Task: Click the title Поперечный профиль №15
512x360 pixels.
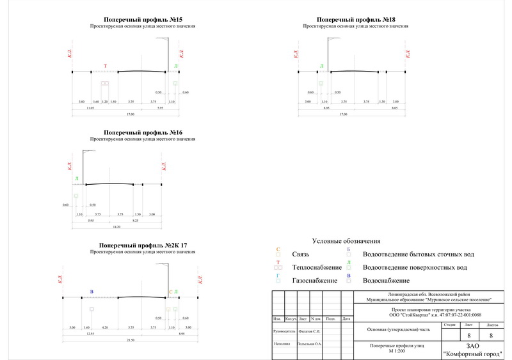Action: [x=143, y=20]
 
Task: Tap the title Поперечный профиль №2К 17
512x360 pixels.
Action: [x=143, y=246]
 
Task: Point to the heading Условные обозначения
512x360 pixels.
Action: [x=346, y=241]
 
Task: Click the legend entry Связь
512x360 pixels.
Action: [x=301, y=254]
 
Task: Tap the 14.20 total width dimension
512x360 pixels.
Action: [x=116, y=226]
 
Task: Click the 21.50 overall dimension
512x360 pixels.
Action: [x=131, y=340]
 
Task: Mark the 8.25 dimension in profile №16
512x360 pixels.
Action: [x=136, y=220]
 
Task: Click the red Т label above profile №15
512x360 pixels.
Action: [x=106, y=66]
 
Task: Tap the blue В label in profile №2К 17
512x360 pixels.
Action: [x=92, y=292]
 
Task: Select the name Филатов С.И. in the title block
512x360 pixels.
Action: [x=312, y=331]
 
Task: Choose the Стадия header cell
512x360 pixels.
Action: [x=449, y=325]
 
